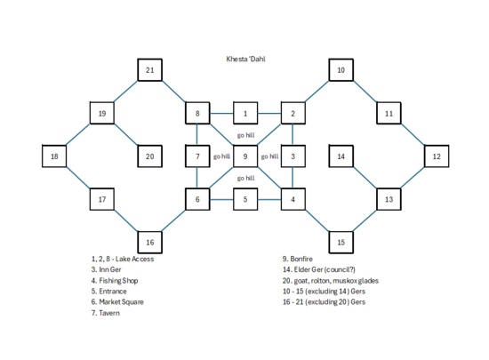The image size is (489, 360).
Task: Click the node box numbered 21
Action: pyautogui.click(x=150, y=70)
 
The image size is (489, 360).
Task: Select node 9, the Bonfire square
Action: pyautogui.click(x=245, y=156)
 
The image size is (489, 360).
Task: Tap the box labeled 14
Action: pyautogui.click(x=341, y=156)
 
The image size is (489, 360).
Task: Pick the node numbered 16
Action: pyautogui.click(x=150, y=242)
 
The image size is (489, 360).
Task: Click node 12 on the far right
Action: pyautogui.click(x=436, y=156)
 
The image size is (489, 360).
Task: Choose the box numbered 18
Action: pyautogui.click(x=55, y=156)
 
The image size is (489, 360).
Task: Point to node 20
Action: pyautogui.click(x=150, y=156)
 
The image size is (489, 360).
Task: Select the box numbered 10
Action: pyautogui.click(x=341, y=70)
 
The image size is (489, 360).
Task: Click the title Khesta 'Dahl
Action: pyautogui.click(x=244, y=59)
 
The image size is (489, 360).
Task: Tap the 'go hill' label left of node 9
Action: pyautogui.click(x=221, y=156)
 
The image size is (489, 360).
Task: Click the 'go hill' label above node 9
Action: pyautogui.click(x=245, y=135)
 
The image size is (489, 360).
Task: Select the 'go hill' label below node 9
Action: pyautogui.click(x=245, y=178)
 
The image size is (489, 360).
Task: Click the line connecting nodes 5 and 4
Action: pyautogui.click(x=269, y=199)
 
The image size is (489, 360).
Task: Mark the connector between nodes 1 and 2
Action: pyautogui.click(x=269, y=114)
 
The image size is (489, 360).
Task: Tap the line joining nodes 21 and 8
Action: pyautogui.click(x=174, y=92)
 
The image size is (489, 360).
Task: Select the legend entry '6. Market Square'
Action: pyautogui.click(x=119, y=301)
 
